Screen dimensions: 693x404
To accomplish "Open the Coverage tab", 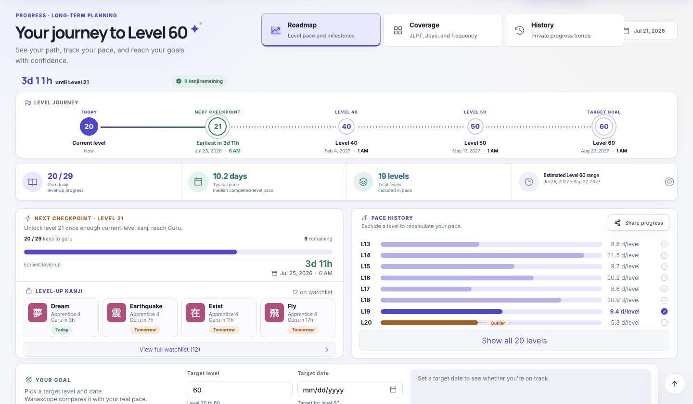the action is point(442,30).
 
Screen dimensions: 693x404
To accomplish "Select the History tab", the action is point(564,30).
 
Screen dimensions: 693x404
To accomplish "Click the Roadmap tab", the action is point(321,30).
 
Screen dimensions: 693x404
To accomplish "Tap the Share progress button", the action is point(638,223).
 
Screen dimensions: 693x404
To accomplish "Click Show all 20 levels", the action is point(514,341).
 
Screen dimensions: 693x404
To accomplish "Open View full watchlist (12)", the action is point(180,349).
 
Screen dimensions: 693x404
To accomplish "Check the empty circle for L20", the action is point(664,322).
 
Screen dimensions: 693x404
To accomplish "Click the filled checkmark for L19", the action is point(664,311).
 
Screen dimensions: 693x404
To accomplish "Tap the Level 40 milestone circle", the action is point(346,126).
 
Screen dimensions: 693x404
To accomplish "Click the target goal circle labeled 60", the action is point(604,126).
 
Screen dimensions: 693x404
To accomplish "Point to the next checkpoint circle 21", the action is point(218,126).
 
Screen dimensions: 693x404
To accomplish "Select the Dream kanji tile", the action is point(61,318).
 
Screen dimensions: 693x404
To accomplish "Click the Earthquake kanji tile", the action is point(140,318).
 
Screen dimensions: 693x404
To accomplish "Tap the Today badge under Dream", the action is point(62,330).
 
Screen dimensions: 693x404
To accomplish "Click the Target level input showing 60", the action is point(240,390).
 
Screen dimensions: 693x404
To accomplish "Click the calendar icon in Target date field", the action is point(393,390).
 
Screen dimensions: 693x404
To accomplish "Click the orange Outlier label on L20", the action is point(498,323).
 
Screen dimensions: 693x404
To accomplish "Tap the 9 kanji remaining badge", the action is point(199,81).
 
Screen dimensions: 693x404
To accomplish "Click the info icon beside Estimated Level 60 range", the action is point(669,182).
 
